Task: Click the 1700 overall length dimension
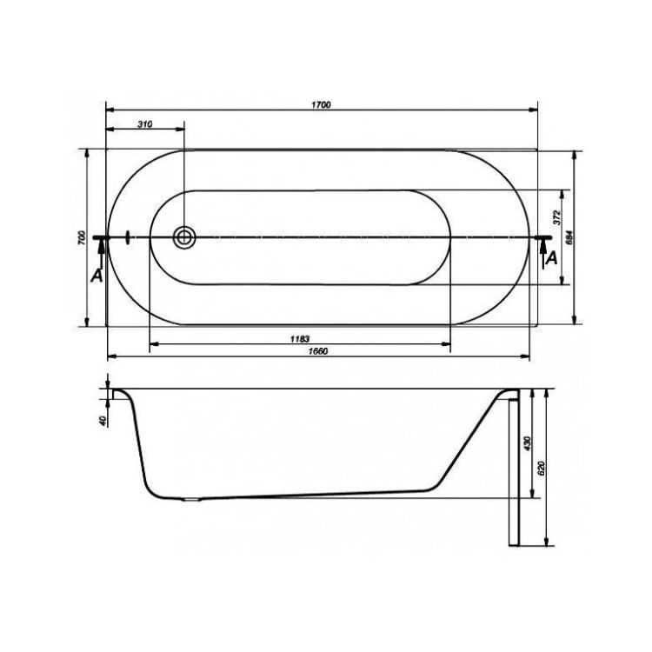(321, 105)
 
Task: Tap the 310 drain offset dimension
(144, 124)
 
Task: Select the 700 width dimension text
(82, 237)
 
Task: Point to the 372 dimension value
(557, 217)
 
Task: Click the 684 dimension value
(570, 237)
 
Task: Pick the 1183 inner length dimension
(300, 339)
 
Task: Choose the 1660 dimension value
(318, 351)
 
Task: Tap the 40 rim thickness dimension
(103, 421)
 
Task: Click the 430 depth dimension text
(528, 443)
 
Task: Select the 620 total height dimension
(541, 469)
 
